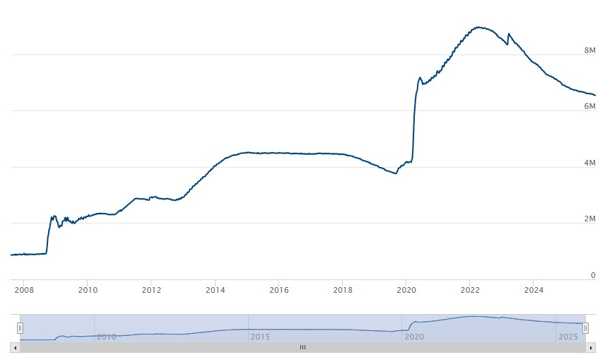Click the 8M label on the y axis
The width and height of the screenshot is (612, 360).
(x=589, y=51)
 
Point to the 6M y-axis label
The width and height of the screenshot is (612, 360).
(x=589, y=106)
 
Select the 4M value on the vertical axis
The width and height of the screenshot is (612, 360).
(x=589, y=163)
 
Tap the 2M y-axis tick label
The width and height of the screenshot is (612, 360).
(x=589, y=219)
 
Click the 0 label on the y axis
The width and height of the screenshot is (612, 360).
(x=593, y=275)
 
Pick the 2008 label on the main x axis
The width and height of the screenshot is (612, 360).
(x=24, y=289)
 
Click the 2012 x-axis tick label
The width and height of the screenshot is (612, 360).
(x=151, y=289)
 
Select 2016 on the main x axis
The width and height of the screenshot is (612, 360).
(x=279, y=289)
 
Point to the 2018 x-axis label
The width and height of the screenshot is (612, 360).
(x=343, y=289)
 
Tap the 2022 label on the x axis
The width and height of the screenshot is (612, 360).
(x=471, y=289)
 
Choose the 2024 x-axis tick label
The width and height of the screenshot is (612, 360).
(x=534, y=289)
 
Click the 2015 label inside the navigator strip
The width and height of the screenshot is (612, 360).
(x=260, y=337)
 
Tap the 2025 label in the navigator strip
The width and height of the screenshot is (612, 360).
(x=568, y=337)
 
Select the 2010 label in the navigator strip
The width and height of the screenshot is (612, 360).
(x=106, y=337)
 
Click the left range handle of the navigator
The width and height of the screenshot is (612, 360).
(x=20, y=327)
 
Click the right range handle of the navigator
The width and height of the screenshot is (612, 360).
(x=585, y=327)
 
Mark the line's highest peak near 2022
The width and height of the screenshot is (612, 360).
(x=479, y=27)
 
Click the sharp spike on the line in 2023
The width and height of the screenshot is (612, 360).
(x=509, y=33)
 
